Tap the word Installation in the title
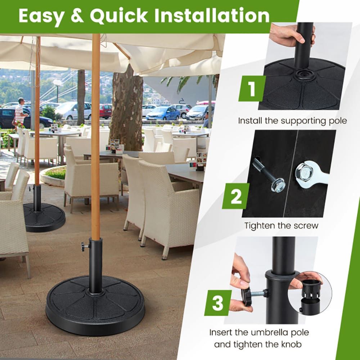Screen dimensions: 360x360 (x=212, y=15)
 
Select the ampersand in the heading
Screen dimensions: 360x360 (x=77, y=15)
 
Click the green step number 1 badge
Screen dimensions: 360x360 (x=252, y=89)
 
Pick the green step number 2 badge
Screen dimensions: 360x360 (x=236, y=196)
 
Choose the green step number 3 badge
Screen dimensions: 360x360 (x=218, y=303)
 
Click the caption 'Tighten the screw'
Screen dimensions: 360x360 (x=281, y=226)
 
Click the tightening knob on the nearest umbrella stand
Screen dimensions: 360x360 (x=84, y=246)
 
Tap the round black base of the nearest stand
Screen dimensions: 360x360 (x=95, y=305)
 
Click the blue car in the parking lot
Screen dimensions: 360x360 (x=163, y=113)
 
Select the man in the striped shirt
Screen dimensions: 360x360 (x=20, y=112)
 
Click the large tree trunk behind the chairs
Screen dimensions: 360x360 (x=126, y=110)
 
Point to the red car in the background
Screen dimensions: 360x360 (x=105, y=111)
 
